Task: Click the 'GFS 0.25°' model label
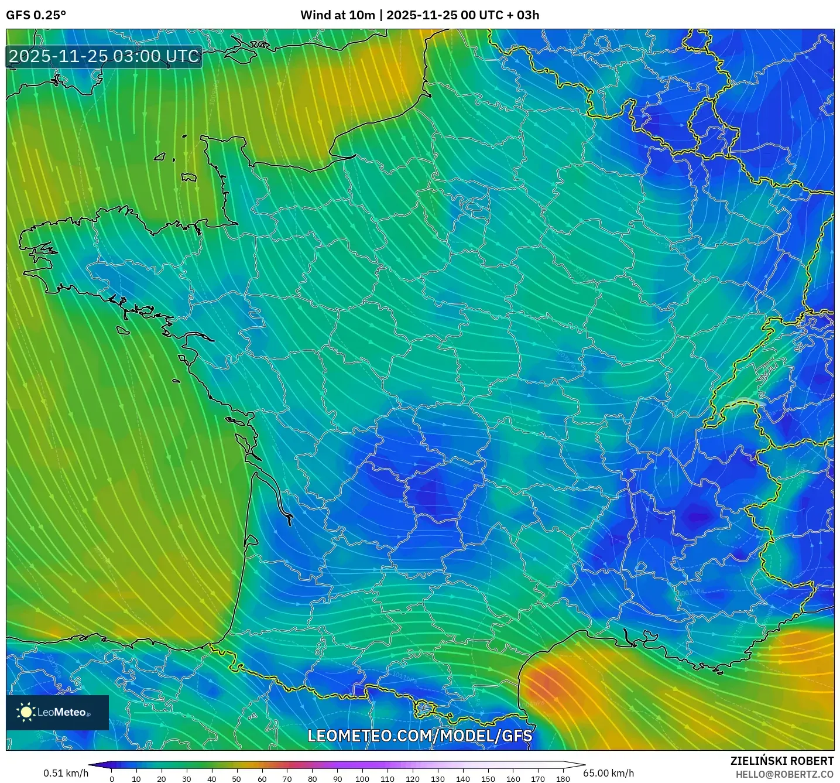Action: [x=36, y=15]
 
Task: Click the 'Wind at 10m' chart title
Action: [x=337, y=15]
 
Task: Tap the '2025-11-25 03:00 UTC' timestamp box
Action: [x=104, y=57]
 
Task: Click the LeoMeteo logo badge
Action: [x=57, y=712]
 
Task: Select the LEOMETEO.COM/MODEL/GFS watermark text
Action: [x=420, y=736]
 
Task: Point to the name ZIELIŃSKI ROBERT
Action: [x=781, y=761]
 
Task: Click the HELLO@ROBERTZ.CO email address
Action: [x=784, y=774]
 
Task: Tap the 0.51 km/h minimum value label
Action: [x=66, y=773]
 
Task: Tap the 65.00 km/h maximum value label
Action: [x=608, y=773]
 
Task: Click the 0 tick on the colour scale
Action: [x=112, y=778]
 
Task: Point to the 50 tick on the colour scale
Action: [x=236, y=778]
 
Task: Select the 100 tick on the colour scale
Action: [x=362, y=778]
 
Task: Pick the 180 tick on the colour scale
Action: [x=563, y=778]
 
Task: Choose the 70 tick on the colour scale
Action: [x=287, y=778]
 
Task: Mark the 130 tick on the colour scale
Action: [x=437, y=778]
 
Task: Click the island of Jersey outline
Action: [x=188, y=177]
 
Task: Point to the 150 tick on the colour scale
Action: [x=488, y=778]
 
